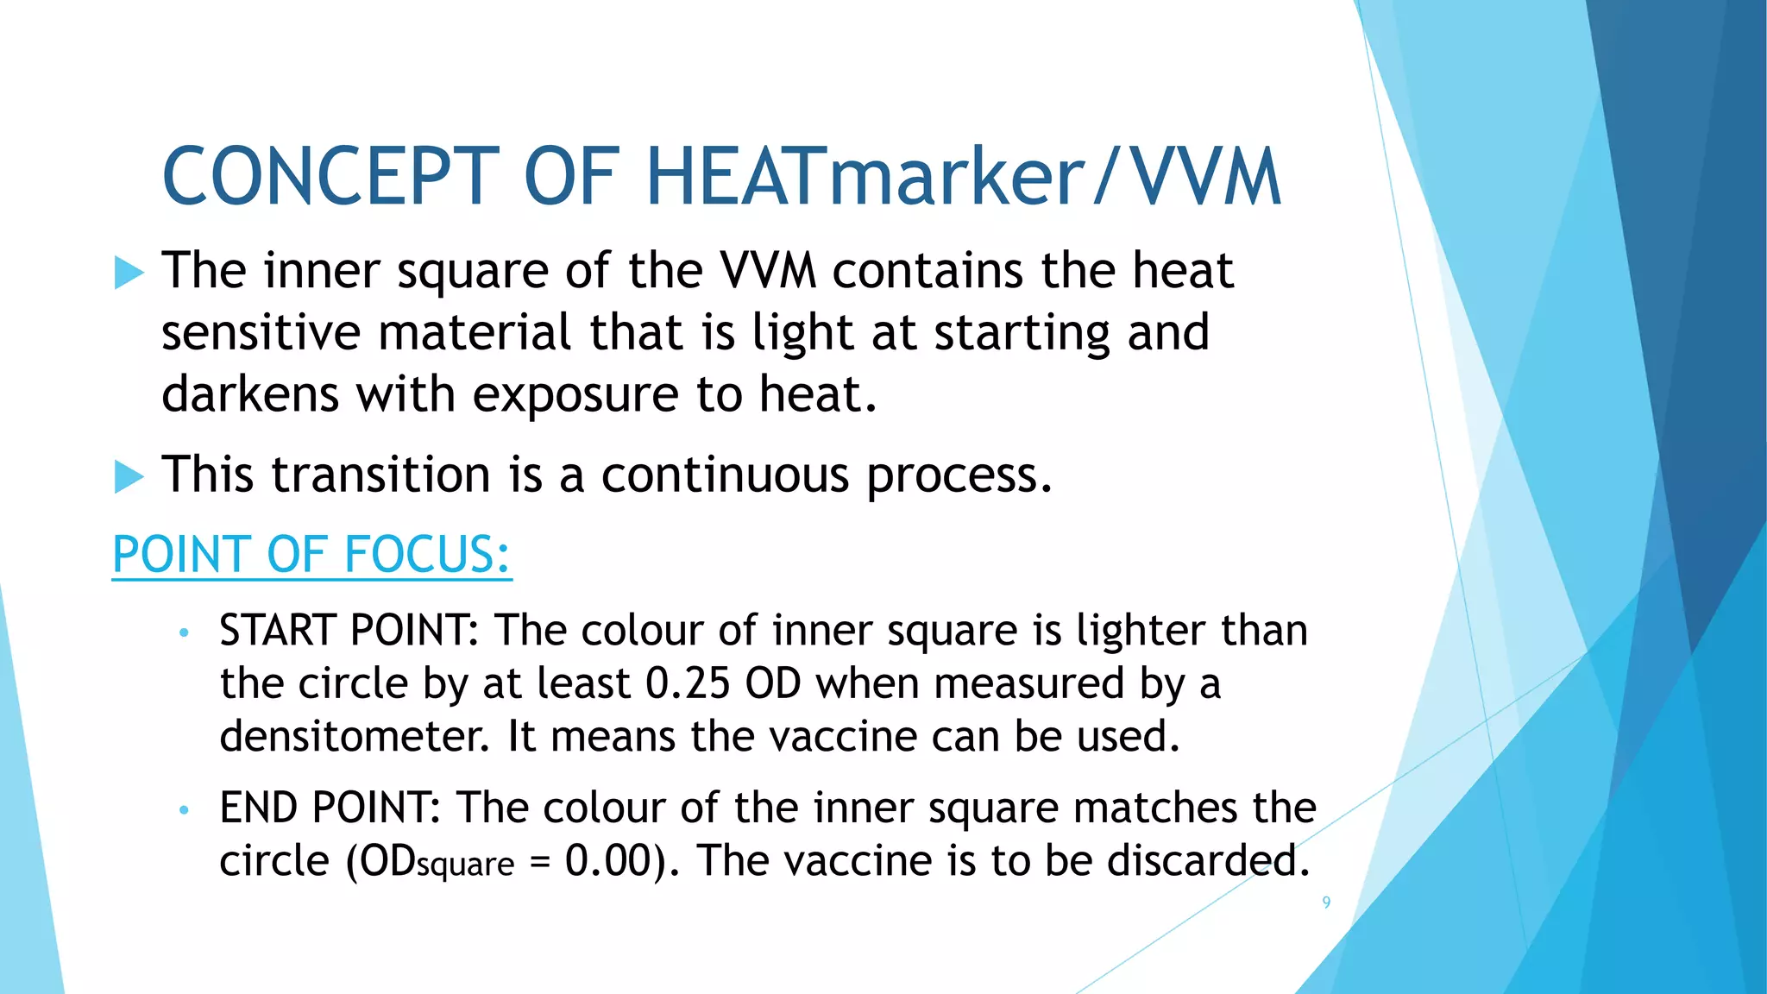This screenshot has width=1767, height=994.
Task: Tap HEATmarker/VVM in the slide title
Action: (962, 177)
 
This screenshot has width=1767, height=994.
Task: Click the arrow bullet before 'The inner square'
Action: (129, 274)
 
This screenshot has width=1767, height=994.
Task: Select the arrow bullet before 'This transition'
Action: (129, 477)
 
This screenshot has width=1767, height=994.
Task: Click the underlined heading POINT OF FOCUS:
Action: (311, 555)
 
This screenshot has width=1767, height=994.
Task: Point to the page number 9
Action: (1326, 903)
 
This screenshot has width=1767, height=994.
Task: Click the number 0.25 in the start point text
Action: (688, 684)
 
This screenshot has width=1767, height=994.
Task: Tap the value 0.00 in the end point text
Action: (607, 861)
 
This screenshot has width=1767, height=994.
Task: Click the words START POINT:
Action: (349, 631)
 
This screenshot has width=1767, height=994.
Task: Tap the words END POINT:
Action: (330, 808)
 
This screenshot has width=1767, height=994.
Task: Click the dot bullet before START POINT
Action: (183, 633)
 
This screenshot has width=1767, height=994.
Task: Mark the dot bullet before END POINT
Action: (183, 811)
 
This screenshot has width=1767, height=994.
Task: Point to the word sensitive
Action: (261, 333)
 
